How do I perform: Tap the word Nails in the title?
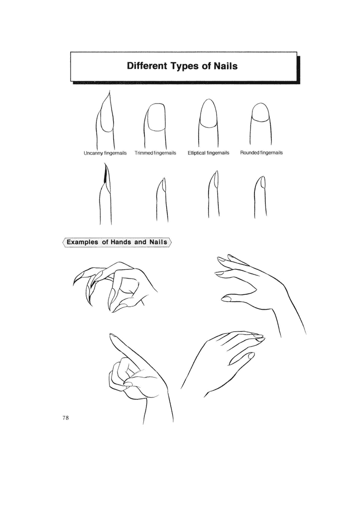[226, 66]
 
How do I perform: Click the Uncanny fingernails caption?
[105, 153]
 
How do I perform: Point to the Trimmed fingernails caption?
[155, 153]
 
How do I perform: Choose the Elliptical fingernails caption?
[209, 153]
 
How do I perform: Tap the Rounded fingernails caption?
[261, 152]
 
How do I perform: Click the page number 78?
[65, 418]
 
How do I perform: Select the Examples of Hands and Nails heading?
[117, 242]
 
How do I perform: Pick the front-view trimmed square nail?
[155, 117]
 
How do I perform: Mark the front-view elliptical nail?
[209, 113]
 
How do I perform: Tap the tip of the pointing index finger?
[112, 335]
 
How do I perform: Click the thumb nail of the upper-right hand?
[226, 298]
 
